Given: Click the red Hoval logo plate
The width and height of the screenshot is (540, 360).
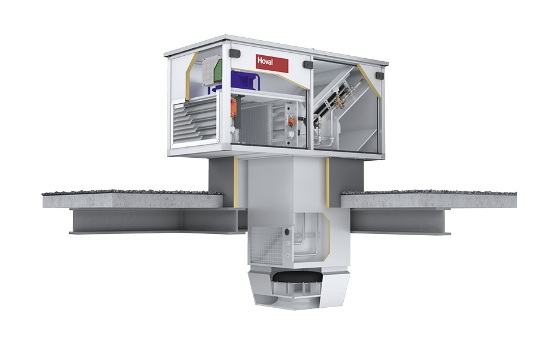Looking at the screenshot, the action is [x=272, y=63].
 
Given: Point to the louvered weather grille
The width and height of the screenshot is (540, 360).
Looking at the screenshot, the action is [x=195, y=124].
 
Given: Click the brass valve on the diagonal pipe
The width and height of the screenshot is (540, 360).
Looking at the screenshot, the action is [x=341, y=100].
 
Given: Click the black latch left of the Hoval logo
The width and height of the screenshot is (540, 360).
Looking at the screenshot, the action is [x=235, y=53].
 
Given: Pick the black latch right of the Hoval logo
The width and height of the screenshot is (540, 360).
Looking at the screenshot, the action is [x=308, y=64].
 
